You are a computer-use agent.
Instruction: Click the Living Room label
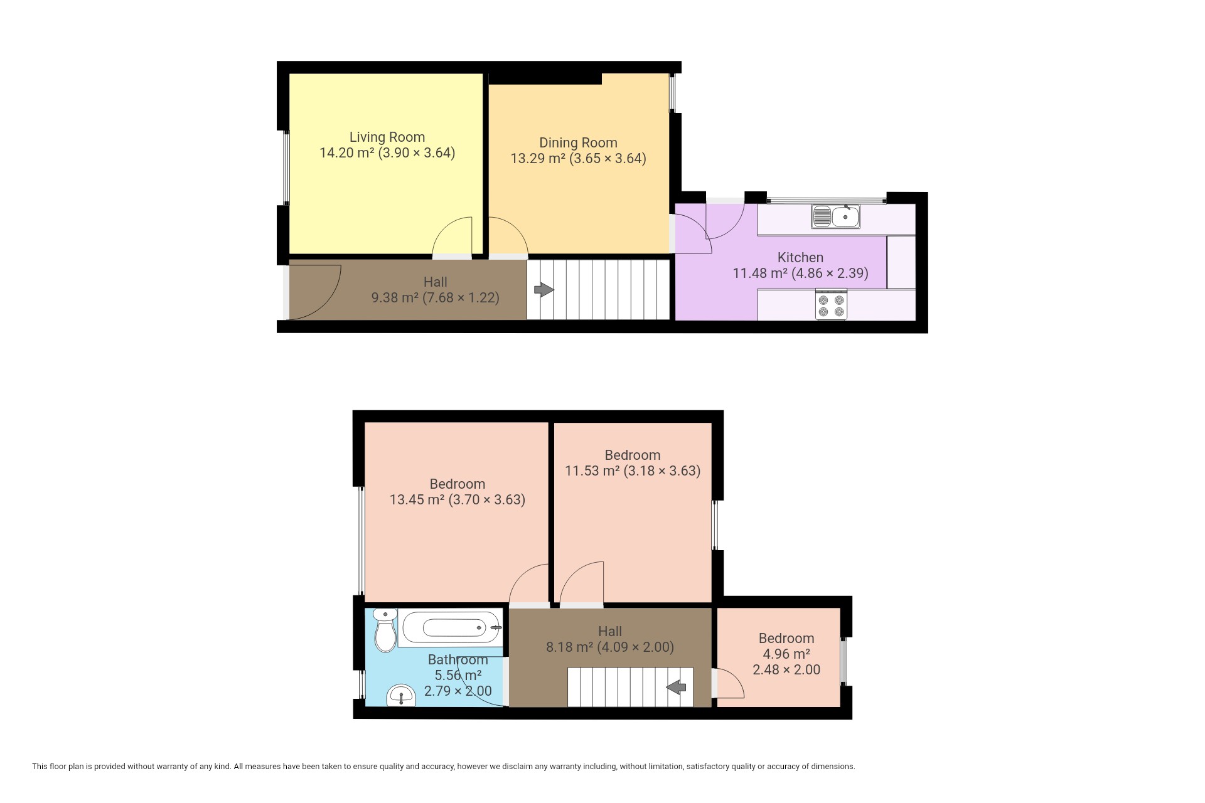[x=387, y=137]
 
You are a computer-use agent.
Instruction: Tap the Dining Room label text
[x=578, y=143]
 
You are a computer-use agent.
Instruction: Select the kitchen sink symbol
[x=835, y=216]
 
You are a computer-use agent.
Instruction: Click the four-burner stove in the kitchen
[x=831, y=304]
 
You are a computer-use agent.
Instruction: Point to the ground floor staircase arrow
[x=544, y=290]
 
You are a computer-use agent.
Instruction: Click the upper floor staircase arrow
[x=676, y=688]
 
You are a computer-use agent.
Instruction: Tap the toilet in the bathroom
[x=385, y=630]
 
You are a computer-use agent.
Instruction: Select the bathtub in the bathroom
[x=451, y=627]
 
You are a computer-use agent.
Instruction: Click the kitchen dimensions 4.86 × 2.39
[x=830, y=274]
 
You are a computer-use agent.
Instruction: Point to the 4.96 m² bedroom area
[x=786, y=654]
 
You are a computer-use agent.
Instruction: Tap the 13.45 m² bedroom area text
[x=417, y=500]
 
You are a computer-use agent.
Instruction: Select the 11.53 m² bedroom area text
[x=592, y=471]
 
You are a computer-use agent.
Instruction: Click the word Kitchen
[x=800, y=257]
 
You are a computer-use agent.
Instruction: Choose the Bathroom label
[x=458, y=659]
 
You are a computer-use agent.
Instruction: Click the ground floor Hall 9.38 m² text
[x=436, y=290]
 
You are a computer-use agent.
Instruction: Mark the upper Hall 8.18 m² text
[x=610, y=639]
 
